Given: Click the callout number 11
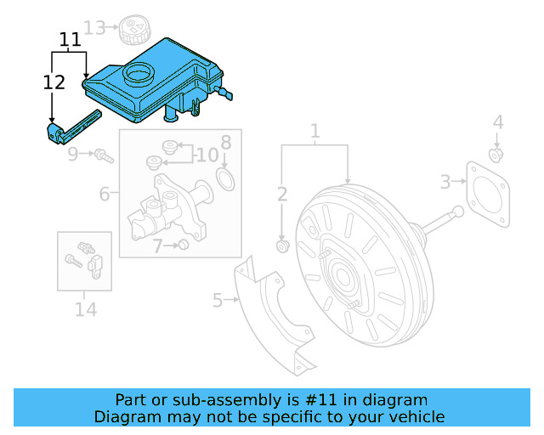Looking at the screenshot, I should tap(70, 39).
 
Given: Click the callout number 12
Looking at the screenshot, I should tap(54, 82).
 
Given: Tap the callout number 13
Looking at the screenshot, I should tap(95, 28).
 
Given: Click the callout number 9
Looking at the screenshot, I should tap(74, 154).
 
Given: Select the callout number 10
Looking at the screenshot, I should tap(207, 155).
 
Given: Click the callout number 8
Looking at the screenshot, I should tap(226, 141).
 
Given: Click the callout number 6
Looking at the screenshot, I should tap(105, 194).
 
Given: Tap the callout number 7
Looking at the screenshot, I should tap(157, 246).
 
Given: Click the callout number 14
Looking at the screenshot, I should tap(85, 309).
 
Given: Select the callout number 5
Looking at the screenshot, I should tap(218, 300).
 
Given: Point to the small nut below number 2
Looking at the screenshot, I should tap(283, 246).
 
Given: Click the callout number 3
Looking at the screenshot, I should tap(445, 181).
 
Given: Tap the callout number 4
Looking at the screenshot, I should tap(498, 122).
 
